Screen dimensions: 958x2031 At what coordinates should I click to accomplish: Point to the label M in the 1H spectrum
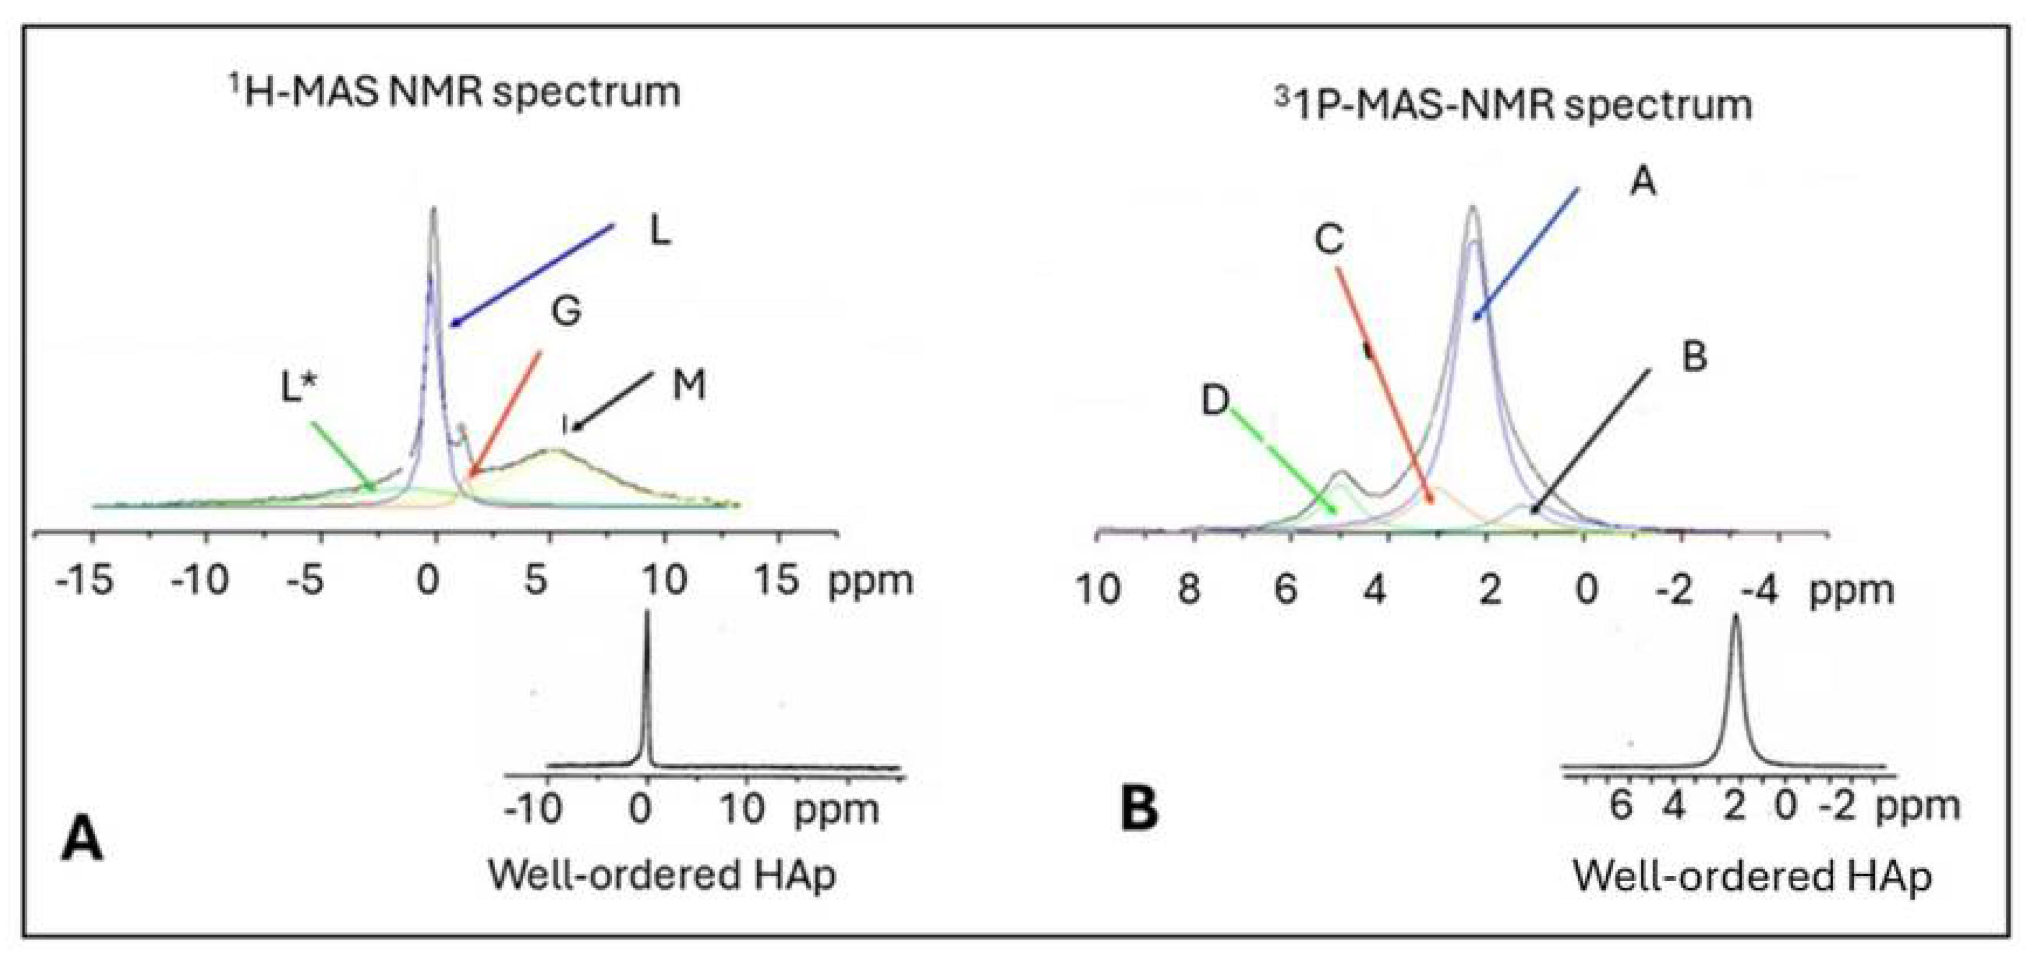pos(688,385)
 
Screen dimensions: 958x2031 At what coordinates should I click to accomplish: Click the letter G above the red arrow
pos(566,310)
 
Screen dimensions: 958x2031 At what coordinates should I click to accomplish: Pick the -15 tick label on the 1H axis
pos(85,581)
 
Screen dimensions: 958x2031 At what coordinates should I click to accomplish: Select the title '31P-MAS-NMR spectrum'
pos(1514,105)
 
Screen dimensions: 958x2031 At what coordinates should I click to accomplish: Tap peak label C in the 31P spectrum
pos(1329,238)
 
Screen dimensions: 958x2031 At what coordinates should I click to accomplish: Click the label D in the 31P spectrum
pos(1215,400)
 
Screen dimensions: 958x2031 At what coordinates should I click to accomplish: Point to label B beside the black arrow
pos(1694,356)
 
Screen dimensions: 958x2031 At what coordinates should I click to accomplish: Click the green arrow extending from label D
pos(1282,460)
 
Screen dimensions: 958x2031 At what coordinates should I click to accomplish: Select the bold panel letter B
pos(1139,810)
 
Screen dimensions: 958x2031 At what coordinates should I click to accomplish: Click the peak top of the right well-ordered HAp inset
pos(1735,619)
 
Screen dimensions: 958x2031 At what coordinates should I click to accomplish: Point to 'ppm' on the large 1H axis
pos(870,581)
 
